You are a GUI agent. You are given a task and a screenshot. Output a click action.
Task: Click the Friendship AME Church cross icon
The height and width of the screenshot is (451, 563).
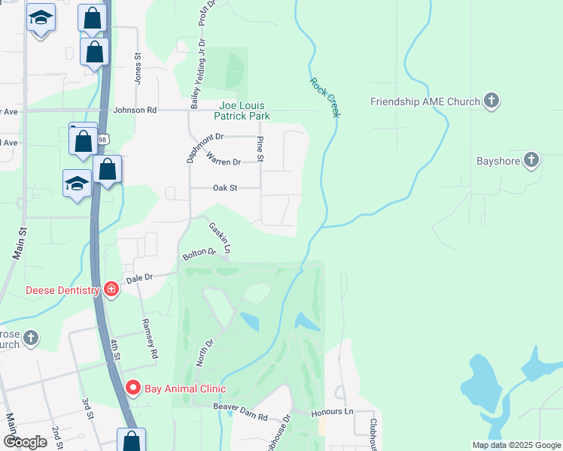[x=491, y=101]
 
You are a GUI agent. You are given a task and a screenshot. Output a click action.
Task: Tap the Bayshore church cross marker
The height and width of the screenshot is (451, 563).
[x=531, y=160]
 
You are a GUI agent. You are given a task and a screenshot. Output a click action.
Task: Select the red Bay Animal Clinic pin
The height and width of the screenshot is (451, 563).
[x=133, y=388]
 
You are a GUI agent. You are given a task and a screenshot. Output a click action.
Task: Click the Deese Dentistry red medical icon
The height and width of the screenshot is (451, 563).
[x=111, y=289]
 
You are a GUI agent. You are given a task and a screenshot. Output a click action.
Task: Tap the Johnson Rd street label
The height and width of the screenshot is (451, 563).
[x=135, y=110]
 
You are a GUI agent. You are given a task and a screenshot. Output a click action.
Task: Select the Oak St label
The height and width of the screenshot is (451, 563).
[x=225, y=188]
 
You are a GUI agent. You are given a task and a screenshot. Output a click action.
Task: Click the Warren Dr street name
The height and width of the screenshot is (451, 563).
[x=224, y=161]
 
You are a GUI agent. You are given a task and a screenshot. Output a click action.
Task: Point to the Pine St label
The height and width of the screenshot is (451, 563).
[x=260, y=149]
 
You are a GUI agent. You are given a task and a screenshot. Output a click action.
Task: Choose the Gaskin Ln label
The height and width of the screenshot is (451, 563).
[x=220, y=237]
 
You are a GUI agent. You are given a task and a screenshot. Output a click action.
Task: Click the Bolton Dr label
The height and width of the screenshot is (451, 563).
[x=199, y=255]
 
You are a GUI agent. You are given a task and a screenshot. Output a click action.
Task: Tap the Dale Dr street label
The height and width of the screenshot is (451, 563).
[x=139, y=278]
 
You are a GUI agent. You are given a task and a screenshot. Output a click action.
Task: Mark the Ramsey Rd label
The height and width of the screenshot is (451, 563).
[x=150, y=337]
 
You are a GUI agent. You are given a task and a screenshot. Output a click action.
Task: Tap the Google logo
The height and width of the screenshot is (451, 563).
[x=26, y=442]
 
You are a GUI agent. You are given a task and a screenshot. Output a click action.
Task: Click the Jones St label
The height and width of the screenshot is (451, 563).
[x=138, y=67]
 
